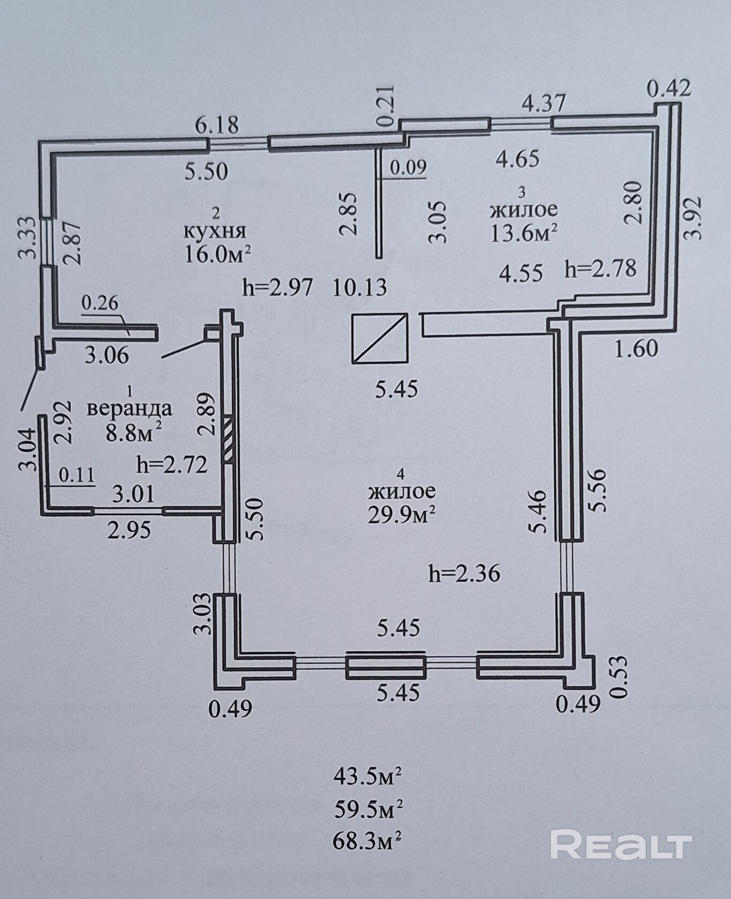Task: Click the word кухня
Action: [x=215, y=231]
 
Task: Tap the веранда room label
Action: [x=129, y=409]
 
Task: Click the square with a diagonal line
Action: [x=380, y=339]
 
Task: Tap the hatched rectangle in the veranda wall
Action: [x=228, y=437]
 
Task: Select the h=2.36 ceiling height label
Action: [x=464, y=574]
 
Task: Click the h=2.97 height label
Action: [x=277, y=288]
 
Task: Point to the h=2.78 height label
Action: [x=600, y=268]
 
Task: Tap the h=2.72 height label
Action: [x=171, y=465]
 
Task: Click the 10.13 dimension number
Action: [x=359, y=288]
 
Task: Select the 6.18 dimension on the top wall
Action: [x=216, y=127]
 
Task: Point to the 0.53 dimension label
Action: [x=619, y=677]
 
